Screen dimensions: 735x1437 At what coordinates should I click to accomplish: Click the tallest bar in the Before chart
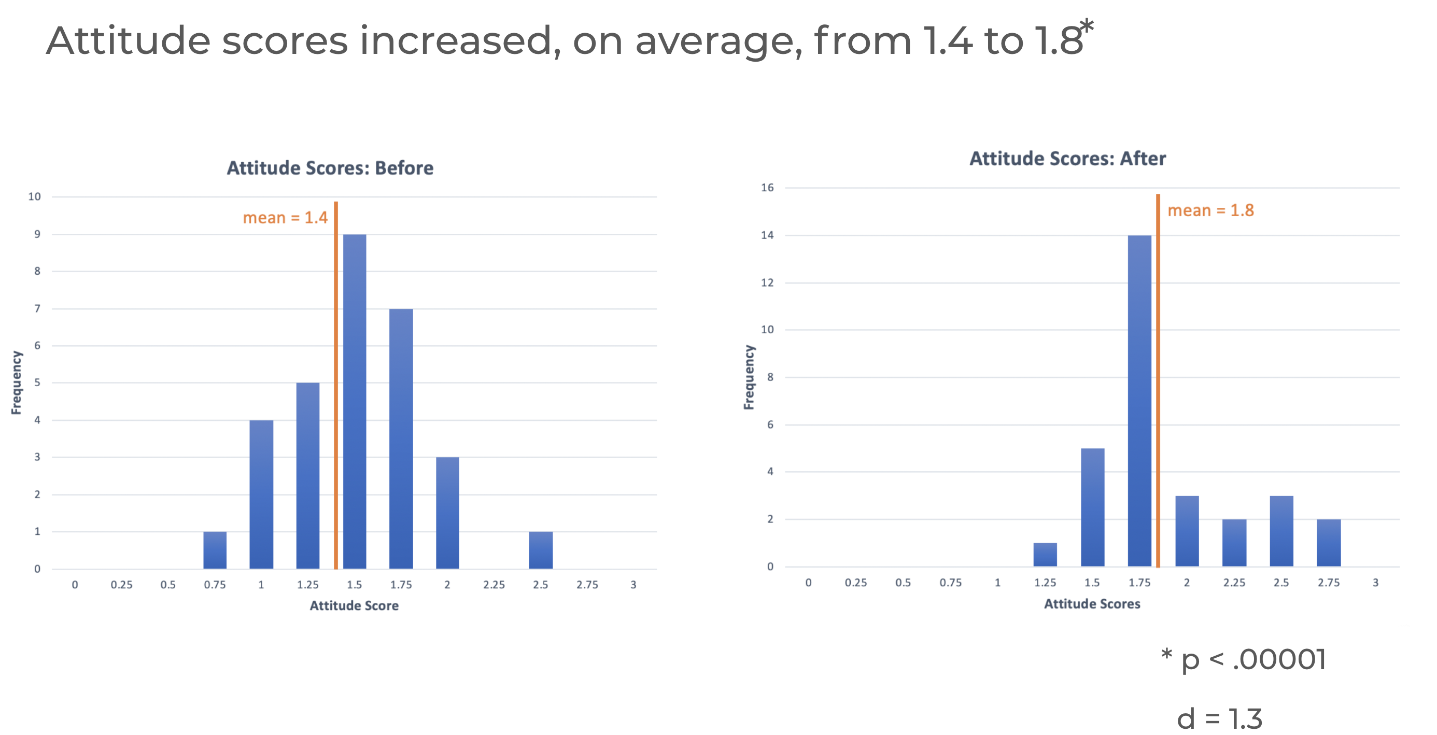[x=354, y=401]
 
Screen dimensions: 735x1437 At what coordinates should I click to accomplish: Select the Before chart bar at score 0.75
[x=215, y=550]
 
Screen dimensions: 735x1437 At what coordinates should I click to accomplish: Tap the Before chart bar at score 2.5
[x=541, y=550]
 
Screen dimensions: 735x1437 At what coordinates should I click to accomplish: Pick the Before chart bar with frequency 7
[x=401, y=439]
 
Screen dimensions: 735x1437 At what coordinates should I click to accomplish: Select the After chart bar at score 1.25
[x=1045, y=554]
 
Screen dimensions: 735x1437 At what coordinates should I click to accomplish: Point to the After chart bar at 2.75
[x=1328, y=543]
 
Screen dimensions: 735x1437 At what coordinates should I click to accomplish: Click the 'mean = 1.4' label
[x=285, y=218]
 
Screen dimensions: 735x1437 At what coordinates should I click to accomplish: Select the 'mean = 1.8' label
[x=1210, y=210]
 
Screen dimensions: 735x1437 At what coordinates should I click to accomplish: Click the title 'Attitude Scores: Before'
[x=330, y=168]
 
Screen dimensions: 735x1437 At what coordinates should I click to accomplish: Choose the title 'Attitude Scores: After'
[x=1067, y=159]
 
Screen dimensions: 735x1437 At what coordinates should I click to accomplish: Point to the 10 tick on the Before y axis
[x=35, y=196]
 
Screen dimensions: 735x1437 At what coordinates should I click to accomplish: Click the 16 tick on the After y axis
[x=767, y=187]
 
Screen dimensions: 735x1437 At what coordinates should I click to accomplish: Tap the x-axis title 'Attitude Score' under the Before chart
[x=354, y=605]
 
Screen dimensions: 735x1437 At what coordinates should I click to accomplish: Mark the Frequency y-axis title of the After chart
[x=749, y=377]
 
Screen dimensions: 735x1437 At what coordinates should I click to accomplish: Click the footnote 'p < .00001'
[x=1252, y=660]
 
